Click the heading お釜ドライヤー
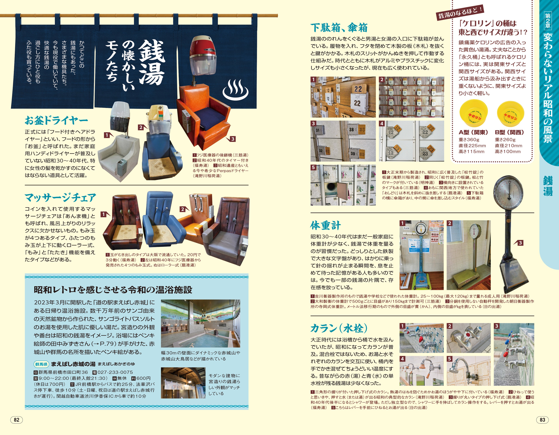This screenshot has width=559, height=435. pyautogui.click(x=56, y=120)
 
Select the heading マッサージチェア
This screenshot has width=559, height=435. pyautogui.click(x=60, y=197)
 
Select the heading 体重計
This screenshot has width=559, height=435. pyautogui.click(x=326, y=226)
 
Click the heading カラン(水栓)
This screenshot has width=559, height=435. pyautogui.click(x=339, y=328)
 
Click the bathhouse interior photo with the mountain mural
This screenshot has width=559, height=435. pyautogui.click(x=200, y=323)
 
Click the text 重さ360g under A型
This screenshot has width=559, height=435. pyautogui.click(x=469, y=140)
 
